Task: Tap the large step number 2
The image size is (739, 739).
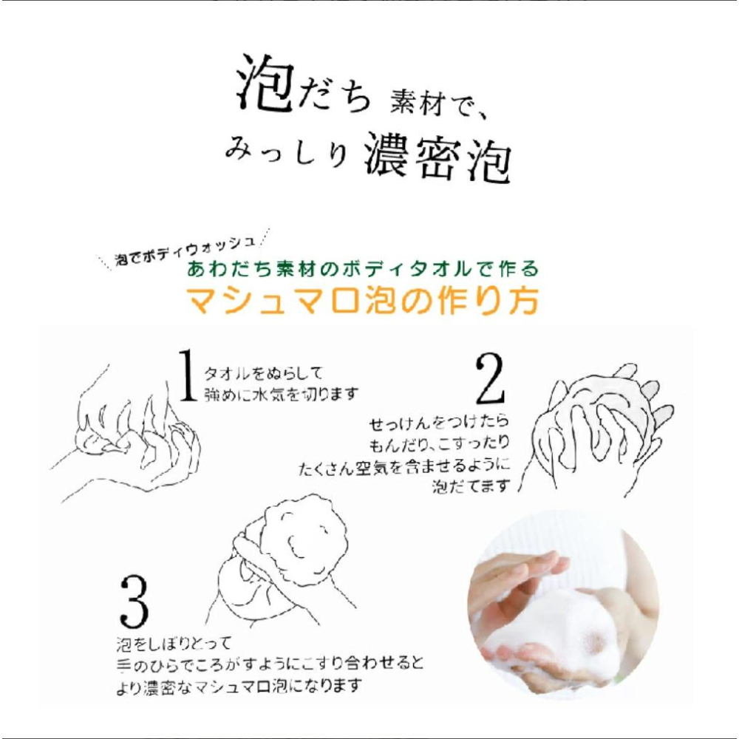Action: point(490,379)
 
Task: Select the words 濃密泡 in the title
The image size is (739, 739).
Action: point(437,156)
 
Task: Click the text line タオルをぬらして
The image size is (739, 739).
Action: point(263,375)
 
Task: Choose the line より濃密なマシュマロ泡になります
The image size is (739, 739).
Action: point(239,687)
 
